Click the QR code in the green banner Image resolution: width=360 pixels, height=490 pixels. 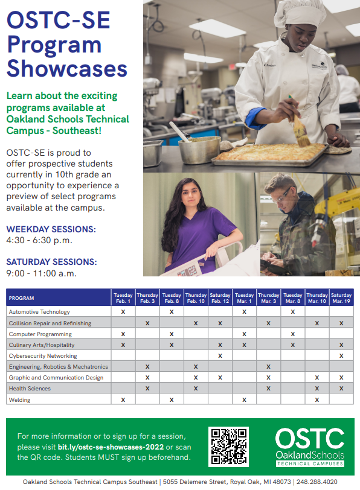coord(229,447)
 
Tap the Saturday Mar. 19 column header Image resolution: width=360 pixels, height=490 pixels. coord(341,298)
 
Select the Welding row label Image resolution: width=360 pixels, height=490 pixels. coord(19,399)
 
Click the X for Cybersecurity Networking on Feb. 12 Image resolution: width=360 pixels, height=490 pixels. coord(220,355)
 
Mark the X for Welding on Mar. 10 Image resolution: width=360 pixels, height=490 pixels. coord(317,399)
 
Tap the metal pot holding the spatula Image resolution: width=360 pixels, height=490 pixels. coord(199,150)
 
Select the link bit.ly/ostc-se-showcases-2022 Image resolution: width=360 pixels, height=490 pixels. coord(111,447)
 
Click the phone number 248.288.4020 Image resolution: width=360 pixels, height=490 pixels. coord(317,482)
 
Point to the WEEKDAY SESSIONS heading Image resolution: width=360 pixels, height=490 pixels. coord(51,229)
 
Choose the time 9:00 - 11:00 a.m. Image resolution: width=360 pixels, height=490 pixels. coord(41,273)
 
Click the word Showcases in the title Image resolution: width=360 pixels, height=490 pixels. coord(67,68)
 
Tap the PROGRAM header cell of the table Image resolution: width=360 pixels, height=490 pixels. coord(21,298)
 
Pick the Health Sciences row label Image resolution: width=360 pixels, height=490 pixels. coord(30,389)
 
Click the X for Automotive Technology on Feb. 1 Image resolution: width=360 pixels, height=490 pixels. coord(123,311)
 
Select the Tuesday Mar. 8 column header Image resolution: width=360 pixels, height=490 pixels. coord(293,298)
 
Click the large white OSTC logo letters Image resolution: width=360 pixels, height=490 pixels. coord(310,439)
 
